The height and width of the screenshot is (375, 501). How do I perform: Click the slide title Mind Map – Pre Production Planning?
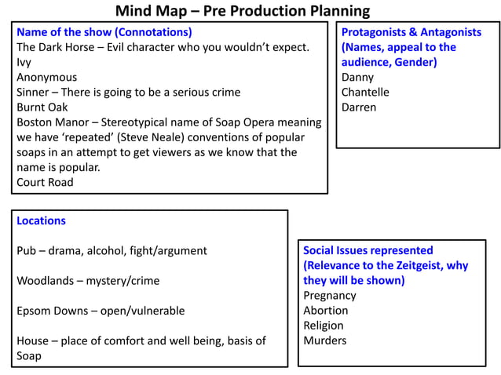click(x=242, y=11)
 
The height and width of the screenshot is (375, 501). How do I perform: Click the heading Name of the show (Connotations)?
click(x=104, y=32)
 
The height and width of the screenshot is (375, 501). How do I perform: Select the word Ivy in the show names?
click(x=24, y=62)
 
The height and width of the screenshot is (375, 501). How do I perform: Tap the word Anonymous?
click(x=46, y=77)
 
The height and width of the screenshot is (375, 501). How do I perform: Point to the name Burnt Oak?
click(x=42, y=107)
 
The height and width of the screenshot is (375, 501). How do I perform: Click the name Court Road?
click(x=45, y=182)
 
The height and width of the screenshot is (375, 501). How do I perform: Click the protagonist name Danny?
click(x=357, y=77)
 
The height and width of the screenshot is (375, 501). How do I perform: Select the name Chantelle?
click(x=364, y=92)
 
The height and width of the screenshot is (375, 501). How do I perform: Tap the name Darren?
click(x=358, y=107)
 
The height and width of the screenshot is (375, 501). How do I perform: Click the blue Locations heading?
click(x=41, y=220)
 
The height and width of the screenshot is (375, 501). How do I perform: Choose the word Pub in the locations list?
click(x=27, y=251)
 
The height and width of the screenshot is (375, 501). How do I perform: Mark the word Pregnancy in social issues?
click(x=329, y=296)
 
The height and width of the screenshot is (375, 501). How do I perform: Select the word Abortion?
click(x=325, y=311)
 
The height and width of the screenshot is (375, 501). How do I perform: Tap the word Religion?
click(x=323, y=326)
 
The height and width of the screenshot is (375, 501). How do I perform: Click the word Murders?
click(x=324, y=340)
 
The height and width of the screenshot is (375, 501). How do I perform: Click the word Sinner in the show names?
click(x=34, y=92)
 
